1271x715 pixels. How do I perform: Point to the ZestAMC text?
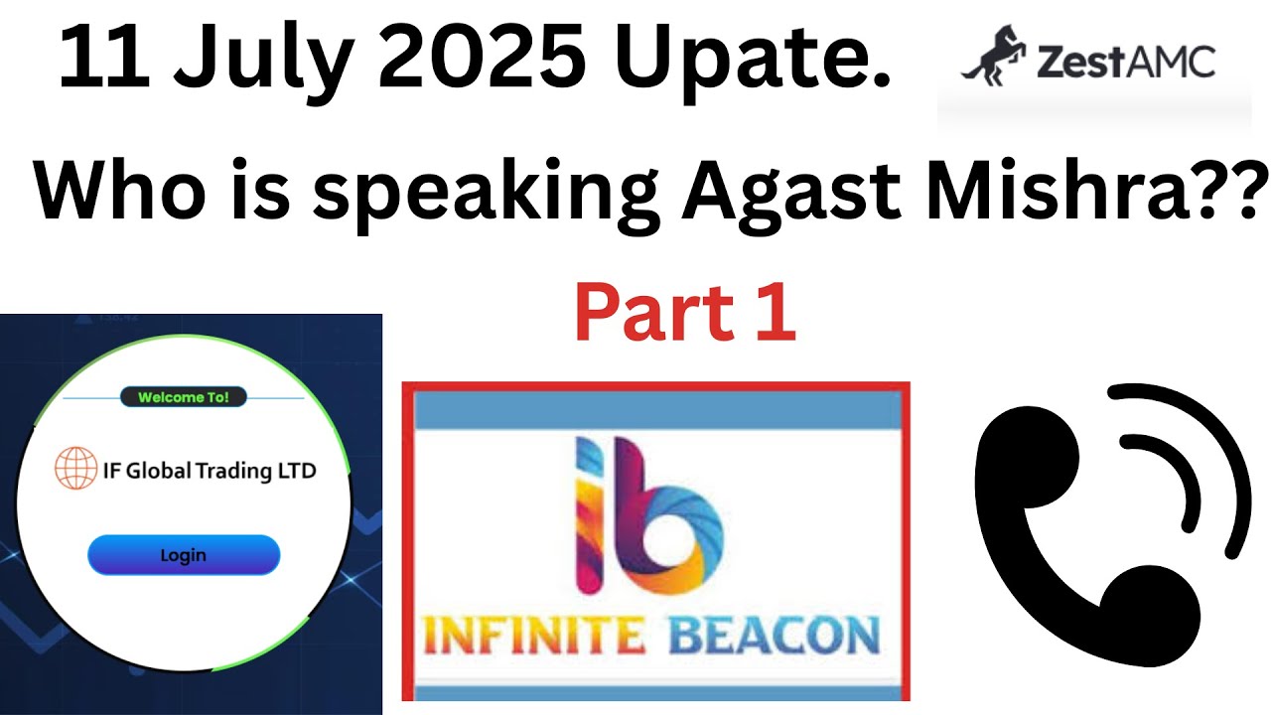(x=1125, y=62)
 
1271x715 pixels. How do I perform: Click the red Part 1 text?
(x=684, y=313)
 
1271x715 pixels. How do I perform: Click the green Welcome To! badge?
(x=184, y=398)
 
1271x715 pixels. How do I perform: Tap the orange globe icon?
(x=75, y=469)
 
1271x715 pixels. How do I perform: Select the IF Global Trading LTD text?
(x=210, y=470)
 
